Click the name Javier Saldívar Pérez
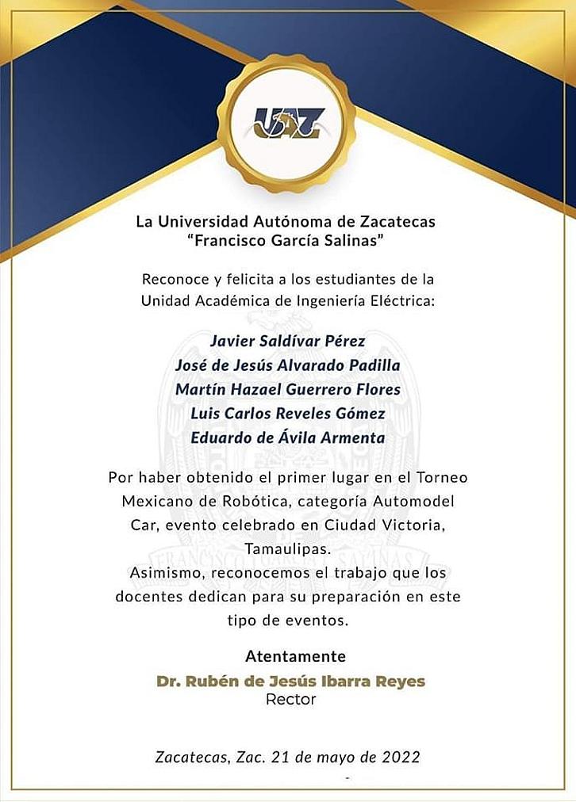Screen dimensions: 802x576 pos(287,342)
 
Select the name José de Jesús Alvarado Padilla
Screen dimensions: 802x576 pos(287,365)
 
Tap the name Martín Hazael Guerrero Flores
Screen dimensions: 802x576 pos(287,389)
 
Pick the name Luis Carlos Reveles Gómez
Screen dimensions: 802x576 pos(287,414)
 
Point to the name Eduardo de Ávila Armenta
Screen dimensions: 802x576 pos(287,437)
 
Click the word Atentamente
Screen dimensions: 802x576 pos(295,656)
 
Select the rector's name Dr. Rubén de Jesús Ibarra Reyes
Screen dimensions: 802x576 pos(290,681)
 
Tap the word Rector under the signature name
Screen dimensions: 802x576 pos(290,700)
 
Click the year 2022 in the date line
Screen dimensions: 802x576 pos(394,757)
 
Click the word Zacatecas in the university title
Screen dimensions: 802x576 pos(396,220)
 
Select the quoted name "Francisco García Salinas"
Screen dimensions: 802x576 pos(288,240)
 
